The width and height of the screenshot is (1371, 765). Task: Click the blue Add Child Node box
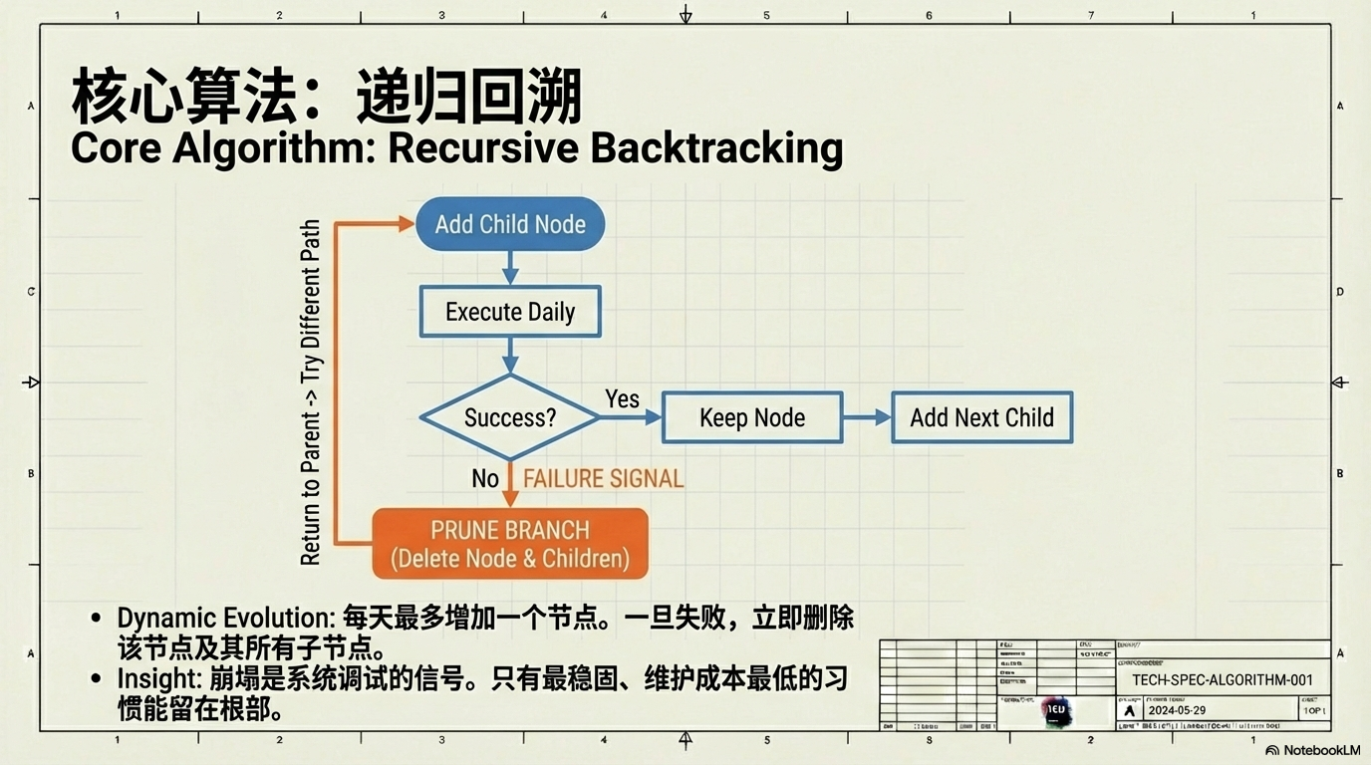[509, 224]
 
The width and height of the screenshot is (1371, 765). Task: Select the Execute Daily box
[509, 312]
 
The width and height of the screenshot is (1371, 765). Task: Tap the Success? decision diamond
[509, 417]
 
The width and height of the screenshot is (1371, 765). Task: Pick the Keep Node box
[752, 417]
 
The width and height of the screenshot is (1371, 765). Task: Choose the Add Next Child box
[981, 417]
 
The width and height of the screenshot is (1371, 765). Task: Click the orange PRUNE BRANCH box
[509, 544]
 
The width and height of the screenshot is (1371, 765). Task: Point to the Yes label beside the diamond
[622, 399]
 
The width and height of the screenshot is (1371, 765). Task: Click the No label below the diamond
[485, 479]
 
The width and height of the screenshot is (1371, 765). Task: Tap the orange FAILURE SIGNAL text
[603, 479]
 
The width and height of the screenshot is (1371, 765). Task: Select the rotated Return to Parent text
[311, 393]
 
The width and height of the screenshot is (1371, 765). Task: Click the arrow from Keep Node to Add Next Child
[867, 417]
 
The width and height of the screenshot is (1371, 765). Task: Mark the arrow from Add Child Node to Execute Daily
[510, 268]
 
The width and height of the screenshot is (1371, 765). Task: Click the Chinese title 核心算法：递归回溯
[327, 99]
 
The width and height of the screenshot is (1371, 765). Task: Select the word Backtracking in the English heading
[716, 148]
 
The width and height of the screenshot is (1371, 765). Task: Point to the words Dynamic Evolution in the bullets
[224, 618]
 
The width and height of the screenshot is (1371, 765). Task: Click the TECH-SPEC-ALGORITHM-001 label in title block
[1223, 681]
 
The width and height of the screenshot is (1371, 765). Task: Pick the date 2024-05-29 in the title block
[1177, 711]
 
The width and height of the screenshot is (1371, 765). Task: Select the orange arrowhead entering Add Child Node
[406, 224]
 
